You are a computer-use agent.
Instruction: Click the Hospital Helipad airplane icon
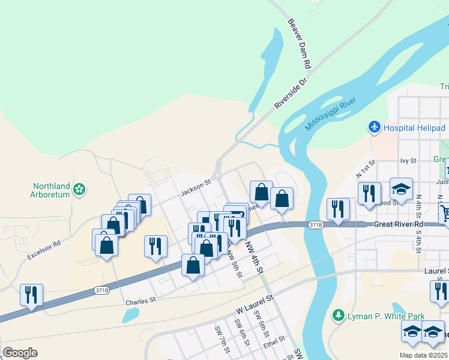click(375, 127)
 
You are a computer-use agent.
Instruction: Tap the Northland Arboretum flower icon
click(79, 190)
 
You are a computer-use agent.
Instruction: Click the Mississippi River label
click(331, 113)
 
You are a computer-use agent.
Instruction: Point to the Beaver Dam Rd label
click(298, 43)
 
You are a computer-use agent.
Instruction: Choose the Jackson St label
click(196, 189)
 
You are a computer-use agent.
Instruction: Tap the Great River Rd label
click(399, 224)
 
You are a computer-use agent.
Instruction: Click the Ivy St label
click(408, 161)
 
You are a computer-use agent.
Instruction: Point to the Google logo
click(20, 352)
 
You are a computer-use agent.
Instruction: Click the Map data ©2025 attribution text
click(423, 355)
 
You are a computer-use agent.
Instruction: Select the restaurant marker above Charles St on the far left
click(31, 294)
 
